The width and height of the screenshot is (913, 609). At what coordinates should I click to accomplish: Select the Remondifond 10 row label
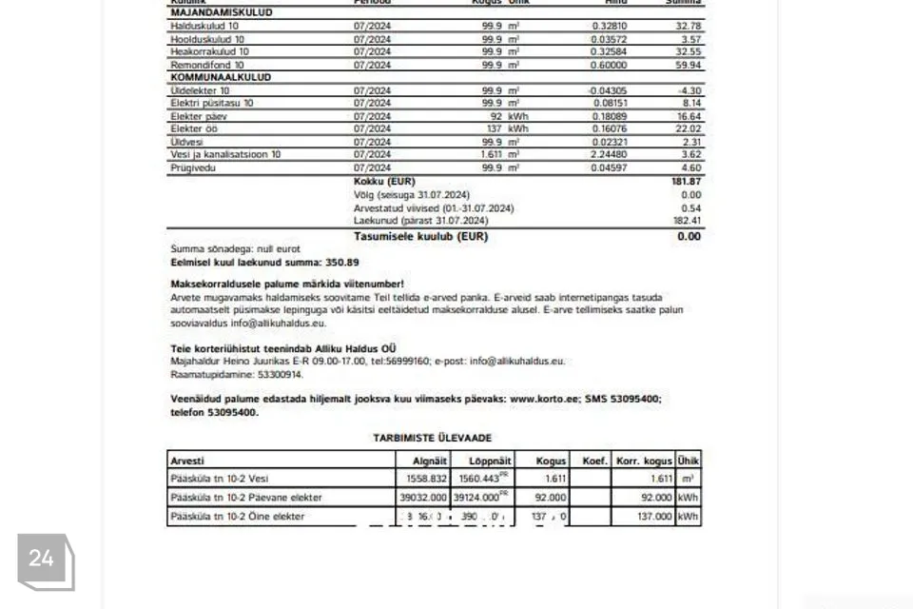pyautogui.click(x=207, y=65)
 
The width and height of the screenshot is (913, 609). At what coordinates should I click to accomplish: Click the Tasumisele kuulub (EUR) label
pyautogui.click(x=419, y=236)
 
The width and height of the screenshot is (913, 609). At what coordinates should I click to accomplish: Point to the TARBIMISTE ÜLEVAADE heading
pyautogui.click(x=434, y=438)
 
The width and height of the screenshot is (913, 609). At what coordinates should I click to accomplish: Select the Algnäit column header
pyautogui.click(x=422, y=461)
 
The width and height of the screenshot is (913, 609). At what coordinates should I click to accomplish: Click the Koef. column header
pyautogui.click(x=594, y=461)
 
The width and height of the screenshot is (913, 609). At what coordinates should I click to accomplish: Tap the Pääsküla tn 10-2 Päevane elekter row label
pyautogui.click(x=245, y=498)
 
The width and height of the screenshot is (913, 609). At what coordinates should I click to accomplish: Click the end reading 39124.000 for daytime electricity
pyautogui.click(x=477, y=498)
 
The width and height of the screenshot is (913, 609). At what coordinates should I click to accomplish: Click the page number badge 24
pyautogui.click(x=42, y=559)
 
